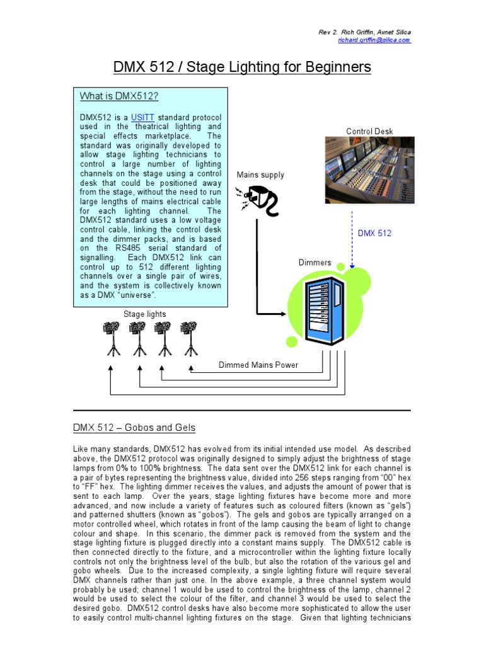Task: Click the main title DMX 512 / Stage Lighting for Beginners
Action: tap(241, 67)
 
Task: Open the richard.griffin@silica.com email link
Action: tap(374, 40)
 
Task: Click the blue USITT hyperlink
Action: tap(142, 117)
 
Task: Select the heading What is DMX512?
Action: tap(118, 96)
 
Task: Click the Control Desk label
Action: tap(369, 132)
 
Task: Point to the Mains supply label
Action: tap(260, 175)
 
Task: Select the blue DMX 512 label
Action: tap(374, 233)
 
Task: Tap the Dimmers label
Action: tap(314, 262)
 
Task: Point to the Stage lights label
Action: tap(145, 314)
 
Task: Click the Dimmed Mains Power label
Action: tap(258, 365)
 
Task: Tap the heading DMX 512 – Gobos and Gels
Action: tap(134, 428)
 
